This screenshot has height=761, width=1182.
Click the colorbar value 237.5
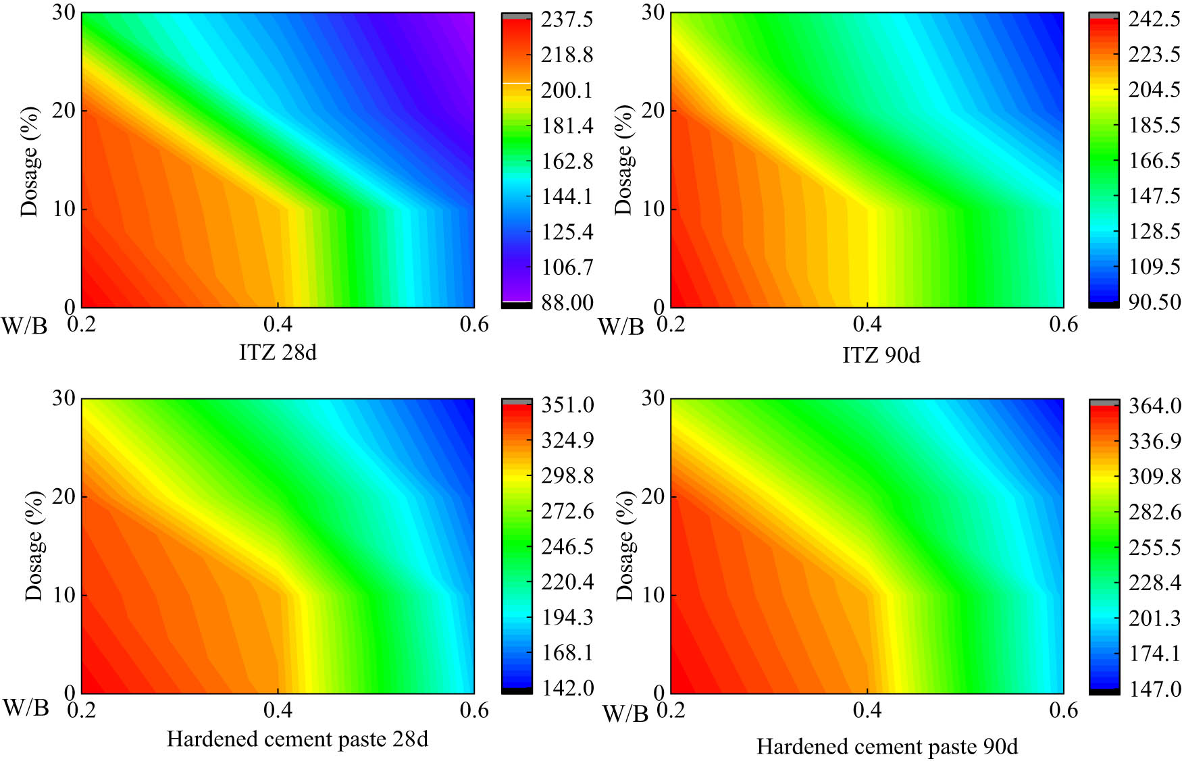[566, 20]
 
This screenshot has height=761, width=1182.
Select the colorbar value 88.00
[566, 303]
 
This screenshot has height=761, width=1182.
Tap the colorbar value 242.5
[1154, 19]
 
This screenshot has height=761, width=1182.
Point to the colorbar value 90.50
[1154, 302]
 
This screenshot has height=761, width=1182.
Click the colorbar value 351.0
[567, 405]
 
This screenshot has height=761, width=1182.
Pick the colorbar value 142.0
[567, 688]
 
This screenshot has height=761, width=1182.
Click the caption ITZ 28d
[278, 352]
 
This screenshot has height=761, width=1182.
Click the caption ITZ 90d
[881, 355]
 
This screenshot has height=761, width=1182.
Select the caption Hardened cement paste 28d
[297, 739]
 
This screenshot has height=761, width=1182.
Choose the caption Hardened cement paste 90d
[887, 747]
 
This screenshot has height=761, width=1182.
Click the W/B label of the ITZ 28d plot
[24, 326]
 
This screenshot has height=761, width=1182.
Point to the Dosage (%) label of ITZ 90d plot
[623, 160]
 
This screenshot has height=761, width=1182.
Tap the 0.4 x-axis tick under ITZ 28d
[278, 325]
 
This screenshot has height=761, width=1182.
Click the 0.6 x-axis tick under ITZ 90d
[1063, 325]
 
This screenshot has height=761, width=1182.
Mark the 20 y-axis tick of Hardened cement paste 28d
[63, 497]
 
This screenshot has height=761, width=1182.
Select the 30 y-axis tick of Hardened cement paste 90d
[653, 398]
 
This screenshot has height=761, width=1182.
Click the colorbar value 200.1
[566, 90]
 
